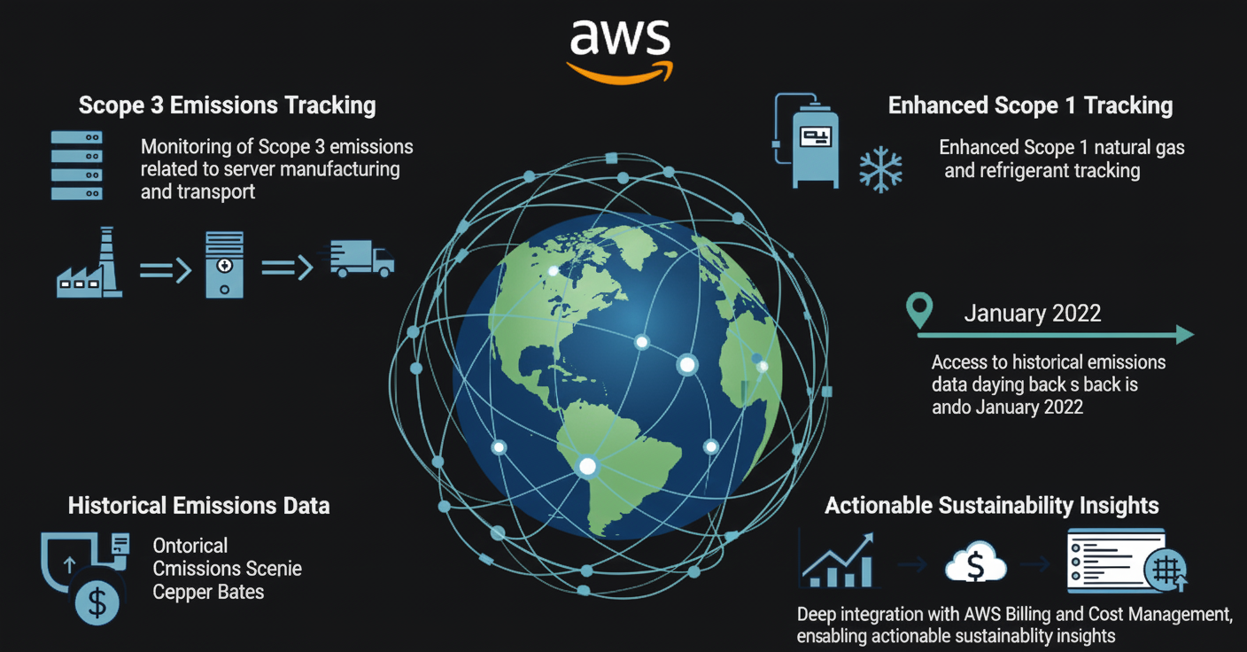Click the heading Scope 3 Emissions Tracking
tap(227, 105)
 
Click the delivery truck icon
tap(361, 259)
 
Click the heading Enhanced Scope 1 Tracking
tap(1030, 106)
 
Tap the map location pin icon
tap(920, 311)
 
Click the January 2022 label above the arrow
tap(1032, 313)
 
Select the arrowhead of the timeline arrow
tap(1183, 334)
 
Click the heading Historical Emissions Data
tap(198, 506)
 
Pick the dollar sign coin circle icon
tap(97, 602)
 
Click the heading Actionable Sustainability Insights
tap(991, 506)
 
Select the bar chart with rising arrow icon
tap(837, 562)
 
